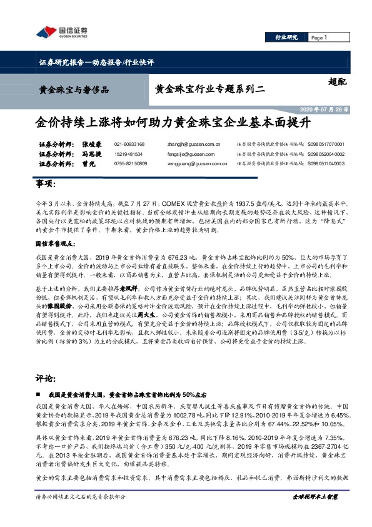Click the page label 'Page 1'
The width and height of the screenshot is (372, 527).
click(319, 38)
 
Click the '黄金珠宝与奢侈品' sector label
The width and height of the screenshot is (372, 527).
click(74, 90)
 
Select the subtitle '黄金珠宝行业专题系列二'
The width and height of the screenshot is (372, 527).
click(209, 90)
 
